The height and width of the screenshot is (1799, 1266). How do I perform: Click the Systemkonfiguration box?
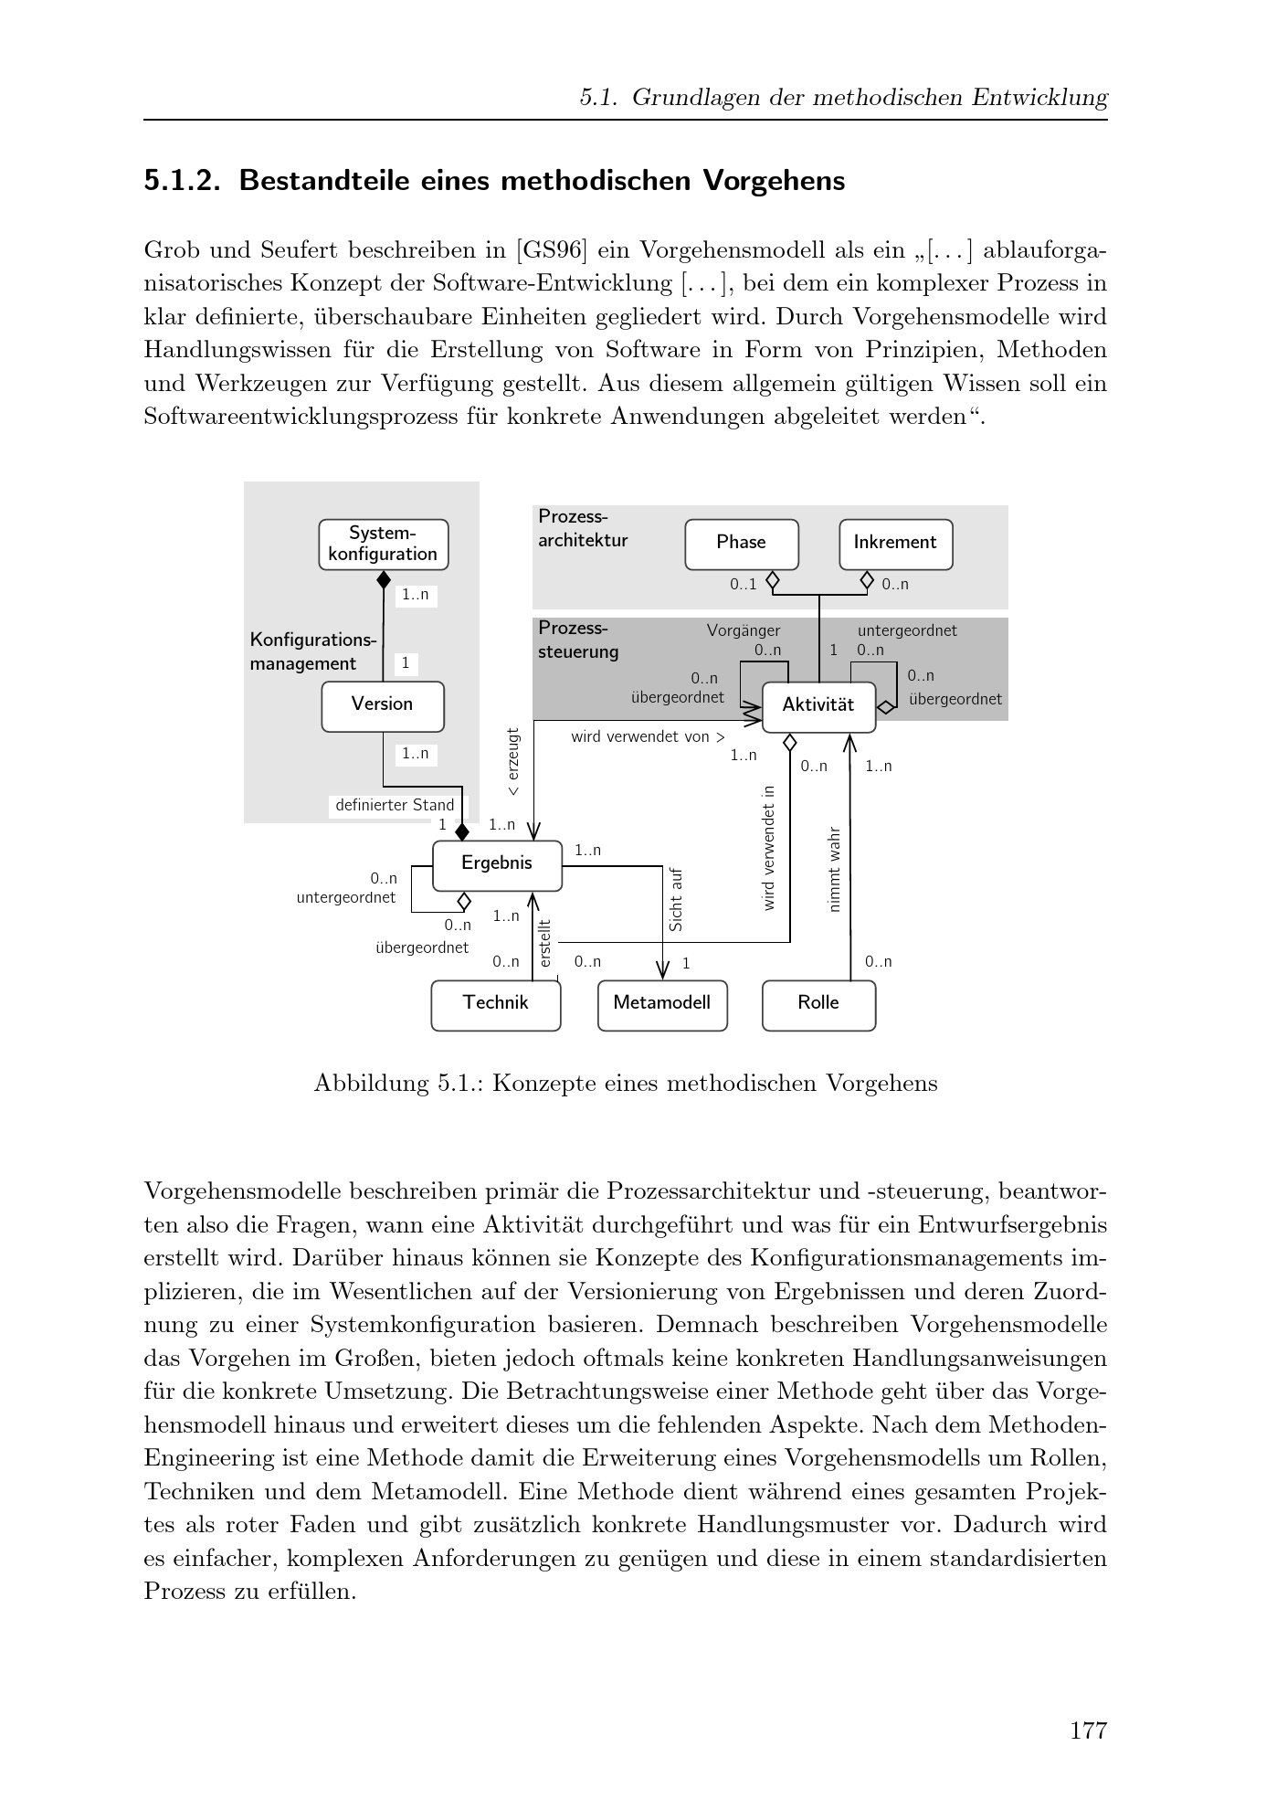coord(383,545)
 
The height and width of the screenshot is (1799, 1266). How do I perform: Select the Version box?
coord(382,705)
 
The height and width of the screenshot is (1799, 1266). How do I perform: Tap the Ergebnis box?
coord(496,864)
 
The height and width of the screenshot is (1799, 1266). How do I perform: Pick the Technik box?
coord(495,1004)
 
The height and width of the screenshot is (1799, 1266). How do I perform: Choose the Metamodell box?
coord(661,1004)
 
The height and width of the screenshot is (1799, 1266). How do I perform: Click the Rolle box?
coord(818,1004)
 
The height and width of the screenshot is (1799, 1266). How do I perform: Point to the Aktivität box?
coord(818,706)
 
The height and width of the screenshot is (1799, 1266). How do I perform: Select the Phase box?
coord(741,544)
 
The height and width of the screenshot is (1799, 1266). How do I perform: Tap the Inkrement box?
coord(894,544)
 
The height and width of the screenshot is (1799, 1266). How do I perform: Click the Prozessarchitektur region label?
coord(582,529)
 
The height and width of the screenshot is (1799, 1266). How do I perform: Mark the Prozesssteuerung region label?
coord(577,640)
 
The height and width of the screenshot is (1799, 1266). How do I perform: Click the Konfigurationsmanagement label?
coord(312,651)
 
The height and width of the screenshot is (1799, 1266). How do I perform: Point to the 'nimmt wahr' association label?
coord(833,869)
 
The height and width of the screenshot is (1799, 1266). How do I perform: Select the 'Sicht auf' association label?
coord(676,900)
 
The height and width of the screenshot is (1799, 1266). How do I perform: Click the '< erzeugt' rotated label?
coord(513,761)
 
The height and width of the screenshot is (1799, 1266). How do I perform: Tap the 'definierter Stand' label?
coord(394,806)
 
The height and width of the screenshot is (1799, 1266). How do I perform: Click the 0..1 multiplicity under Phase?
coord(743,585)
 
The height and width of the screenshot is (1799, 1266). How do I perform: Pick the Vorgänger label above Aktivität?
coord(744,630)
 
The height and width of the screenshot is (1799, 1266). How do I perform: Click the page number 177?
coord(1088,1730)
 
